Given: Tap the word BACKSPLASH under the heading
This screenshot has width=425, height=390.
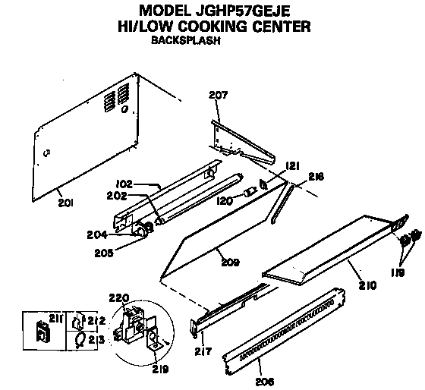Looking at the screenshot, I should tap(186, 42).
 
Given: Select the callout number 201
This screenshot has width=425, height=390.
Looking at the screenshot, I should tap(66, 202).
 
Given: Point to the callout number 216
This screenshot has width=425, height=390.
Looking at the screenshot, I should tap(316, 176).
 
